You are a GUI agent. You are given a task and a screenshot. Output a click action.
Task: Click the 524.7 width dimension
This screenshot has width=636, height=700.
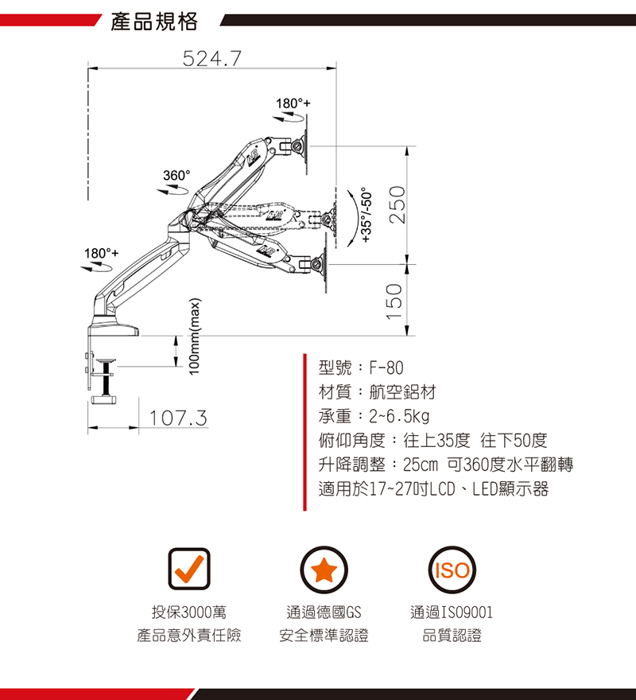click(212, 59)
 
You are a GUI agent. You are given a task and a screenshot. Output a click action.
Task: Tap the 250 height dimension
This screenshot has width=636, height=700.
click(397, 204)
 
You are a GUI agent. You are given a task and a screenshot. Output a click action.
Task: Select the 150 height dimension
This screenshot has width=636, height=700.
click(396, 301)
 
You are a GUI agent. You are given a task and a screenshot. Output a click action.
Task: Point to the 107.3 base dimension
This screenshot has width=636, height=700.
click(178, 418)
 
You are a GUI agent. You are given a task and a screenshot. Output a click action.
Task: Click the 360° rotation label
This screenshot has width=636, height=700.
click(176, 176)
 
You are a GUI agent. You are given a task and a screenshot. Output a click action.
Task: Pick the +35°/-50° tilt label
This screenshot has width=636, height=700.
click(366, 215)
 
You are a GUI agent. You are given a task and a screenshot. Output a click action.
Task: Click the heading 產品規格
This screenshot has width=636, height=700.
click(154, 21)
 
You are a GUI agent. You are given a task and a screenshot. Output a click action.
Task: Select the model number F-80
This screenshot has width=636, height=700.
click(386, 367)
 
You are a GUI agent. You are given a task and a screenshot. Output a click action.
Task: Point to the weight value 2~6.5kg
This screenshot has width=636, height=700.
click(399, 417)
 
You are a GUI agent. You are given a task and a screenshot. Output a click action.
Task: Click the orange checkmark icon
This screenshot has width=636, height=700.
click(189, 569)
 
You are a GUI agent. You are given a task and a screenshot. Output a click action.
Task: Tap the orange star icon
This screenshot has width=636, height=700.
click(324, 570)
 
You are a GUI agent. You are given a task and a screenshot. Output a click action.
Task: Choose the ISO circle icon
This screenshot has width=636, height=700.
click(452, 570)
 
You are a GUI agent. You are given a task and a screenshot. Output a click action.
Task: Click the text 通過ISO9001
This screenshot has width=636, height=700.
click(452, 612)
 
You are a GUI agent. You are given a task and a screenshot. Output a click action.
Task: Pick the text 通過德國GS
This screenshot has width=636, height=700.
click(324, 612)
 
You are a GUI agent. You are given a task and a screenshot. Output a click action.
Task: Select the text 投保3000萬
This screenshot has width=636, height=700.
click(189, 612)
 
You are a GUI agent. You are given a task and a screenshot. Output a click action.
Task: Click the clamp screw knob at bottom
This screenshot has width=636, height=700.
click(104, 399)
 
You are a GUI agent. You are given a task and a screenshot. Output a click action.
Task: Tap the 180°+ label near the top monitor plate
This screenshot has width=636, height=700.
click(293, 103)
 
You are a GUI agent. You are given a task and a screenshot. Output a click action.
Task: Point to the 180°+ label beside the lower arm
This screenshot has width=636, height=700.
click(102, 253)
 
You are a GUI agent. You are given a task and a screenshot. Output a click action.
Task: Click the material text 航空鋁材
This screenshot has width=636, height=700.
click(402, 392)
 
